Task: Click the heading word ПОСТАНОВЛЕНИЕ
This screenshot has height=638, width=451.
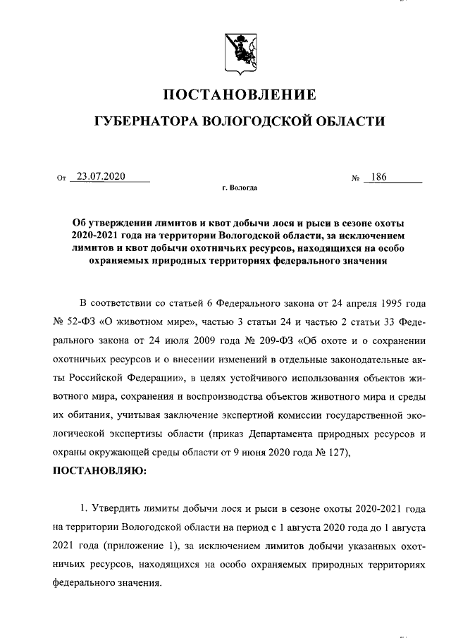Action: tap(240, 94)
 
